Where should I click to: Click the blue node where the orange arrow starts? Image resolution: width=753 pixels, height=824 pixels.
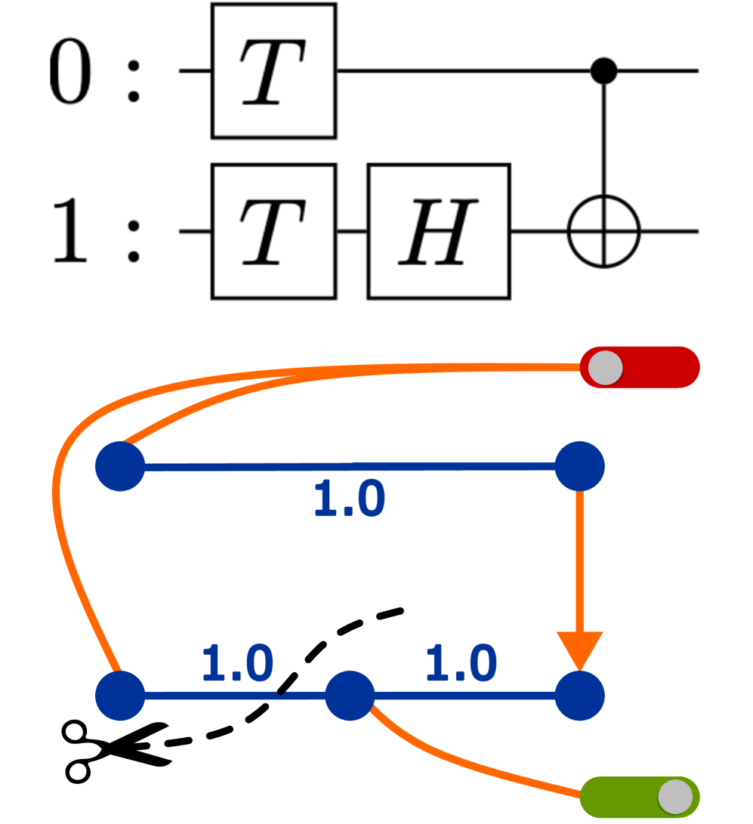pyautogui.click(x=579, y=466)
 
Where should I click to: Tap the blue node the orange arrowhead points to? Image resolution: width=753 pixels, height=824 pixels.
pyautogui.click(x=579, y=696)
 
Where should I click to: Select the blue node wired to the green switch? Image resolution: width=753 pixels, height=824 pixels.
pyautogui.click(x=350, y=696)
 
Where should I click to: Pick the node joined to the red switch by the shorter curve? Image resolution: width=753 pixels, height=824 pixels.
pyautogui.click(x=120, y=466)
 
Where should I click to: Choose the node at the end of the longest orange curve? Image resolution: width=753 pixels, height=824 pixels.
pyautogui.click(x=120, y=696)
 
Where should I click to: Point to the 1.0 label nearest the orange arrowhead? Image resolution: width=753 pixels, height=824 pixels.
pyautogui.click(x=461, y=664)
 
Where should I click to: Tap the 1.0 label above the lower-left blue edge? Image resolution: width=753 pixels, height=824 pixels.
pyautogui.click(x=237, y=664)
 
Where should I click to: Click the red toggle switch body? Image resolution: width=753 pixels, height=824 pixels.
pyautogui.click(x=661, y=367)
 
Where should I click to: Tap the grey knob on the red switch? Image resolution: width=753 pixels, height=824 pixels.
pyautogui.click(x=606, y=368)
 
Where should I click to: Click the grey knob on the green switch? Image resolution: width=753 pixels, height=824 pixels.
pyautogui.click(x=675, y=797)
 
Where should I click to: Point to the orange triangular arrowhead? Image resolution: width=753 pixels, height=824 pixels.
pyautogui.click(x=579, y=649)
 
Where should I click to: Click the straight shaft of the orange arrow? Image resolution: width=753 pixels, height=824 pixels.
pyautogui.click(x=579, y=559)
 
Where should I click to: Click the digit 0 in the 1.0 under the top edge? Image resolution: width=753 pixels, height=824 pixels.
pyautogui.click(x=369, y=500)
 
